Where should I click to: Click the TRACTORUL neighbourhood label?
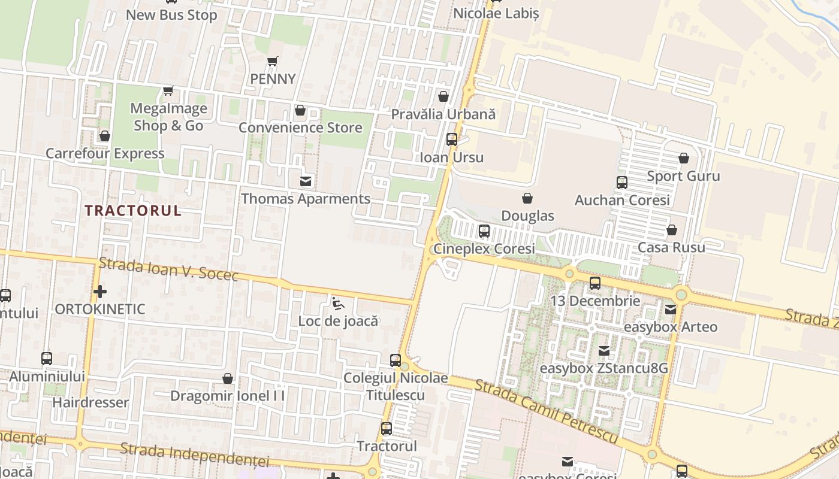[x=132, y=211]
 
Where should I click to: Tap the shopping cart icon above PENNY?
[x=273, y=61]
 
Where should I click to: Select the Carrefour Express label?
[x=105, y=154]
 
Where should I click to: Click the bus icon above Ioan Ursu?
[x=452, y=140]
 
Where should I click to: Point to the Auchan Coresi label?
[x=622, y=200]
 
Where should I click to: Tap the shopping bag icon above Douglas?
[x=527, y=198]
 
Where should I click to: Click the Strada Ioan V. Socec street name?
[x=168, y=269]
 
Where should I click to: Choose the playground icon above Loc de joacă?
[x=338, y=304]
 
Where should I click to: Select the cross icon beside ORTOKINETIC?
[x=100, y=292]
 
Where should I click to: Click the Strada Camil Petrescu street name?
[x=545, y=411]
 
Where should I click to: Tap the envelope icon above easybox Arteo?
[x=670, y=310]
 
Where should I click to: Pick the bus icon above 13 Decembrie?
[x=594, y=283]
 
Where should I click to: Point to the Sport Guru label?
[x=683, y=176]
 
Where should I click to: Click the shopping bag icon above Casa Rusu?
[x=672, y=230]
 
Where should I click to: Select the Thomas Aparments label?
[x=306, y=199]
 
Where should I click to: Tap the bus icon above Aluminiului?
[x=47, y=359]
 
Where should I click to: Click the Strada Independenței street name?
[x=194, y=455]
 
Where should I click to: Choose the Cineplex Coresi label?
[x=484, y=248]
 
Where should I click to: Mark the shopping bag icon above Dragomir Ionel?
[x=228, y=378]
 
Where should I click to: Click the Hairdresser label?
[x=90, y=402]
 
